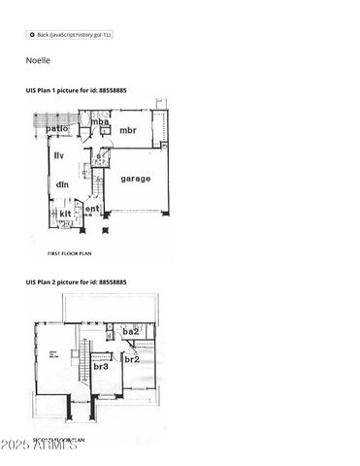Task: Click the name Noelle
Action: click(38, 60)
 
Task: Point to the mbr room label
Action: click(128, 130)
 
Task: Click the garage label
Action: click(135, 179)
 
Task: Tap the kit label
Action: click(64, 213)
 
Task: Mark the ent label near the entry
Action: click(92, 208)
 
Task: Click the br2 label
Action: click(132, 358)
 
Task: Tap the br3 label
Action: click(101, 367)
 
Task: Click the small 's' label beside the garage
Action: click(98, 155)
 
